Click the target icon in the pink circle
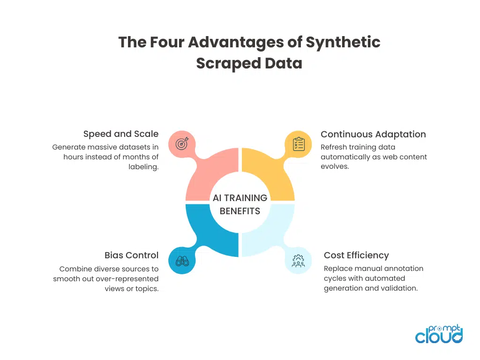tap(182, 143)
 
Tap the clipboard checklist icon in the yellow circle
tap(299, 144)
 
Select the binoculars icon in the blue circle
tap(182, 261)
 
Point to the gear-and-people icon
tap(299, 261)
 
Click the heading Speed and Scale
tap(121, 134)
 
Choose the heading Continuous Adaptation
tap(373, 135)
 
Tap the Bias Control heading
tap(132, 255)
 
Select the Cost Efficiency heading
tap(356, 255)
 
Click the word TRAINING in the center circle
tap(246, 198)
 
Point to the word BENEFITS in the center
tap(240, 211)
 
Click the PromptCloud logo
tap(439, 334)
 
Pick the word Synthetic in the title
tap(343, 42)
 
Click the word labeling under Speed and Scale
tap(143, 167)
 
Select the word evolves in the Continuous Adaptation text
tap(335, 166)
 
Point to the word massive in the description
tap(102, 147)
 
